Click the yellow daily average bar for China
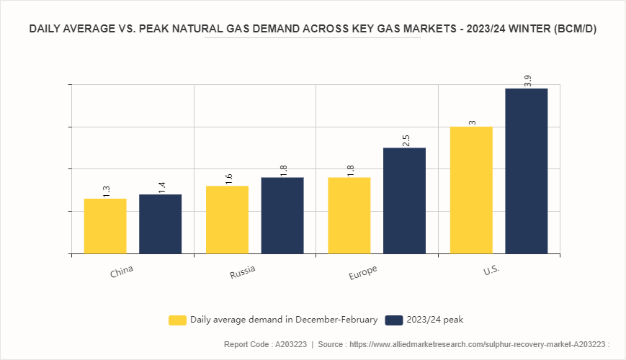click(105, 226)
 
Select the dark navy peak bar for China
click(161, 224)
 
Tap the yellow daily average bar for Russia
click(227, 220)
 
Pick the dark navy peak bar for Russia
click(282, 215)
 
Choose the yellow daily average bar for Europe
click(349, 215)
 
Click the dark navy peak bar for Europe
click(404, 200)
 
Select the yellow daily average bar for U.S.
click(471, 190)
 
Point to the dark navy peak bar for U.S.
click(527, 171)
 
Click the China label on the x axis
click(122, 273)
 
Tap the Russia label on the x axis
click(243, 273)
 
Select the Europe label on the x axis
click(362, 273)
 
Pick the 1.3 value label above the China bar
click(107, 192)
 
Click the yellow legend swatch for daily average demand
click(177, 320)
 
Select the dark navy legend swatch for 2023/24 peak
click(393, 320)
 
